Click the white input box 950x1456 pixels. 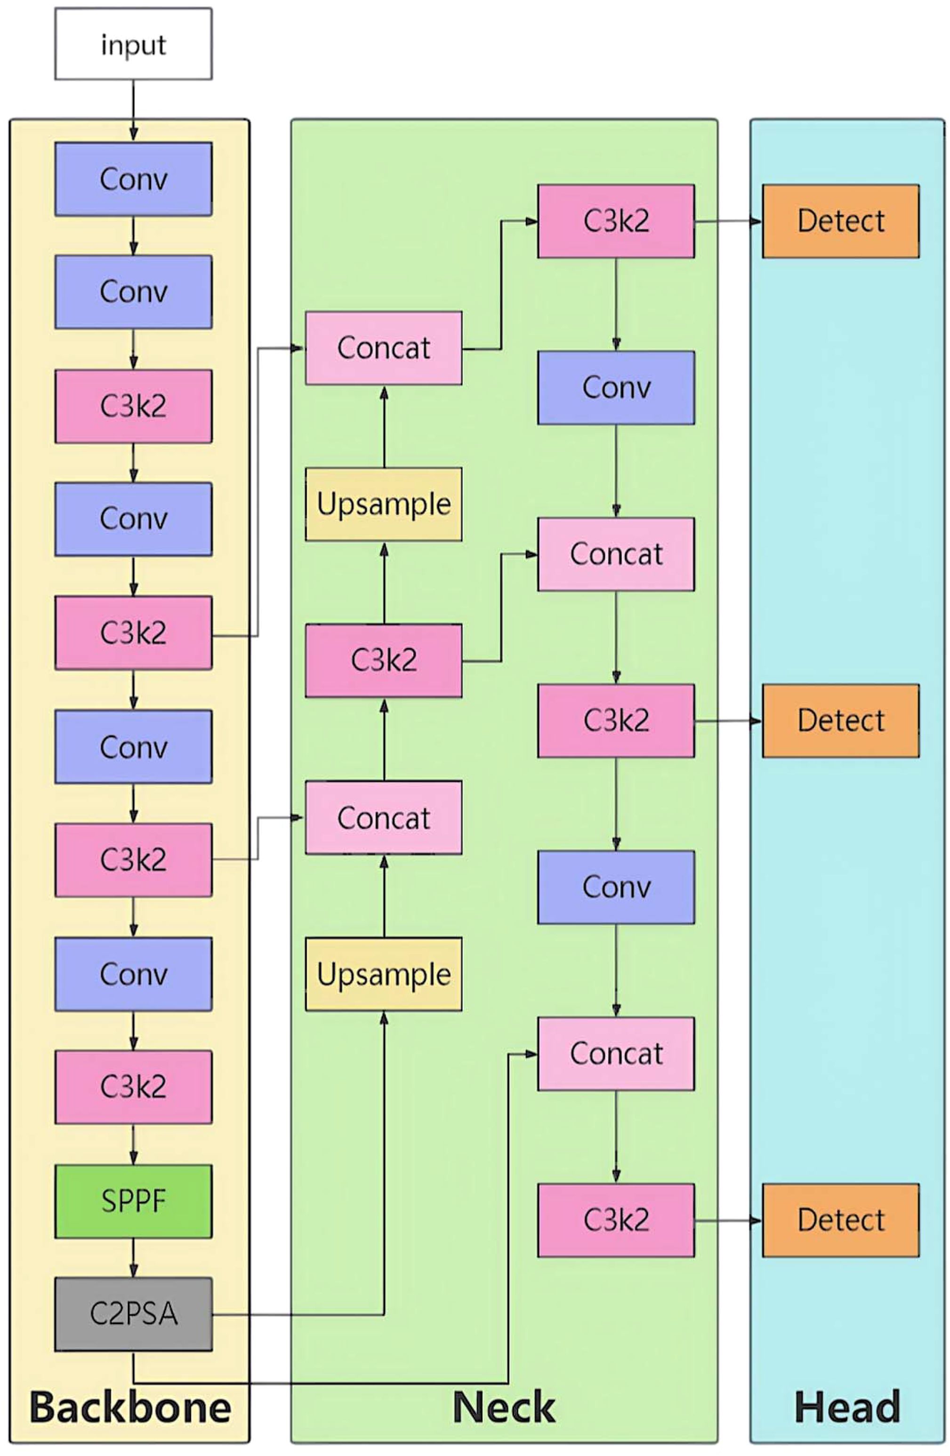click(x=133, y=44)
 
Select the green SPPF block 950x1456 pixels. click(x=133, y=1201)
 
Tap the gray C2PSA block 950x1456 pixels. click(x=133, y=1313)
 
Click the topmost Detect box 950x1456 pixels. click(x=840, y=221)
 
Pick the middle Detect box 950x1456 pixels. click(x=840, y=720)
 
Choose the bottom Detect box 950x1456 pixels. click(x=840, y=1221)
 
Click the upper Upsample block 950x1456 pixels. click(x=384, y=504)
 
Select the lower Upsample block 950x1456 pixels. click(x=384, y=974)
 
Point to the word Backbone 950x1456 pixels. click(x=130, y=1407)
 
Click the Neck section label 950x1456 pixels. click(x=504, y=1407)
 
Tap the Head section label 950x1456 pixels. click(x=847, y=1407)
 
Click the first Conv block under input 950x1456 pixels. click(x=133, y=179)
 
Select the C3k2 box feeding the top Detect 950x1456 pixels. click(x=616, y=221)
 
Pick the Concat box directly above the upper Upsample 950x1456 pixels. click(x=384, y=348)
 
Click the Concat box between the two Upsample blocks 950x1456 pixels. click(x=384, y=817)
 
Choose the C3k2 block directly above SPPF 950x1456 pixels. click(x=133, y=1087)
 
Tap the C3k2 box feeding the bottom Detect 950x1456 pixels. click(x=616, y=1221)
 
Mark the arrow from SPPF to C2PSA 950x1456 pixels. click(x=133, y=1258)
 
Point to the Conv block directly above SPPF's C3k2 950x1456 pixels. click(x=133, y=974)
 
